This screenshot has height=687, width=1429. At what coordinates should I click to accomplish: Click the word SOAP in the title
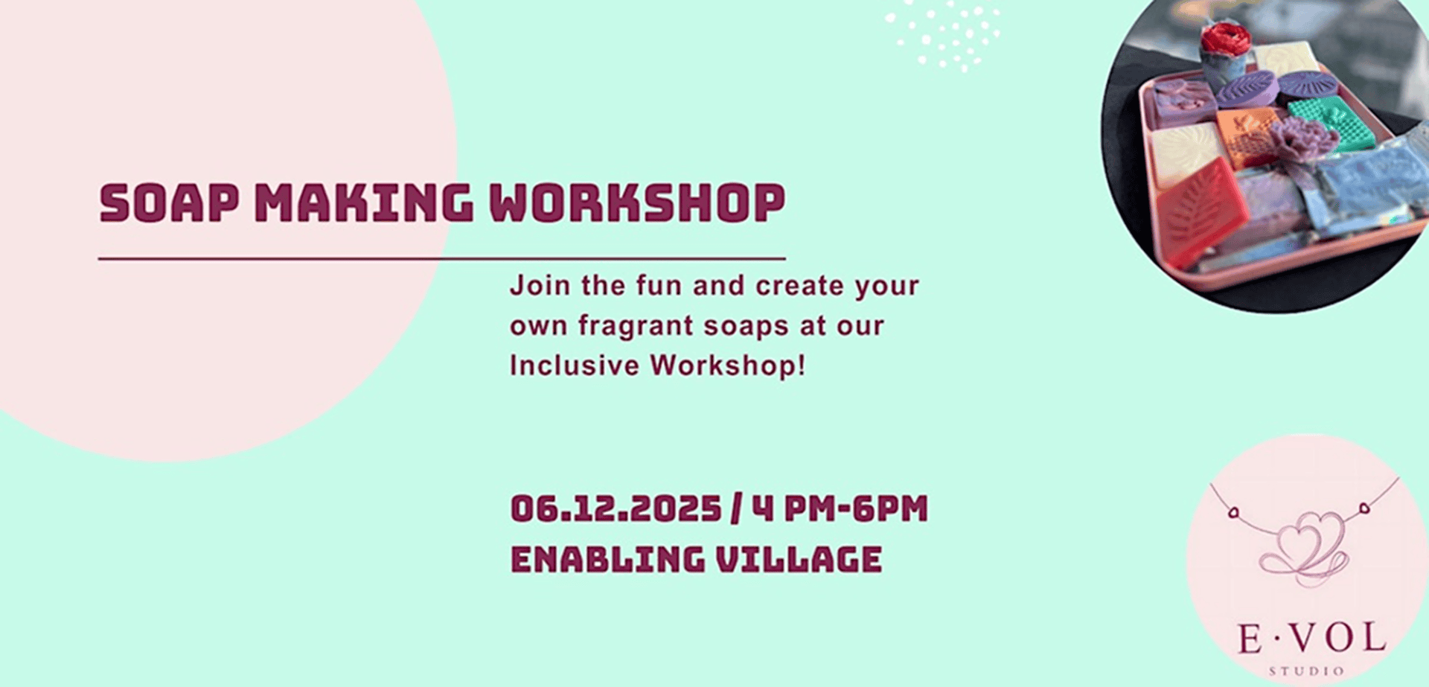169,202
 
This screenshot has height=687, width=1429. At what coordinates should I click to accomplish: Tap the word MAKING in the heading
364,202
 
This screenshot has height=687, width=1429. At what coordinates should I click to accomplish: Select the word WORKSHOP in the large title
637,202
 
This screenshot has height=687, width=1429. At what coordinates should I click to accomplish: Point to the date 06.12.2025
616,509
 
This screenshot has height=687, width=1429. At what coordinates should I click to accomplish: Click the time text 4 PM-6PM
840,509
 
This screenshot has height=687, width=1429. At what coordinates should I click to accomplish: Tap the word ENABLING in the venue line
607,560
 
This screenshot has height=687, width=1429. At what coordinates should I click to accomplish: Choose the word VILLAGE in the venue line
799,560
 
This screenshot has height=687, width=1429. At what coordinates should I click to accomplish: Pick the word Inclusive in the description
574,365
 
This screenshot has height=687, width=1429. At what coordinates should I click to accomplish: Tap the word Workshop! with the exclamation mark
727,365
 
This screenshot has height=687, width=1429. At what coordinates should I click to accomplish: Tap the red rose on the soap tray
1225,39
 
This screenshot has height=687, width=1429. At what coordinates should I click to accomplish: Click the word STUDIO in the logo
1307,671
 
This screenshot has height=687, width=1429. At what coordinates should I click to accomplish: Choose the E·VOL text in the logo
1311,639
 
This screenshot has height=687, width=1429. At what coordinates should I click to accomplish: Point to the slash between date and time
737,509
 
